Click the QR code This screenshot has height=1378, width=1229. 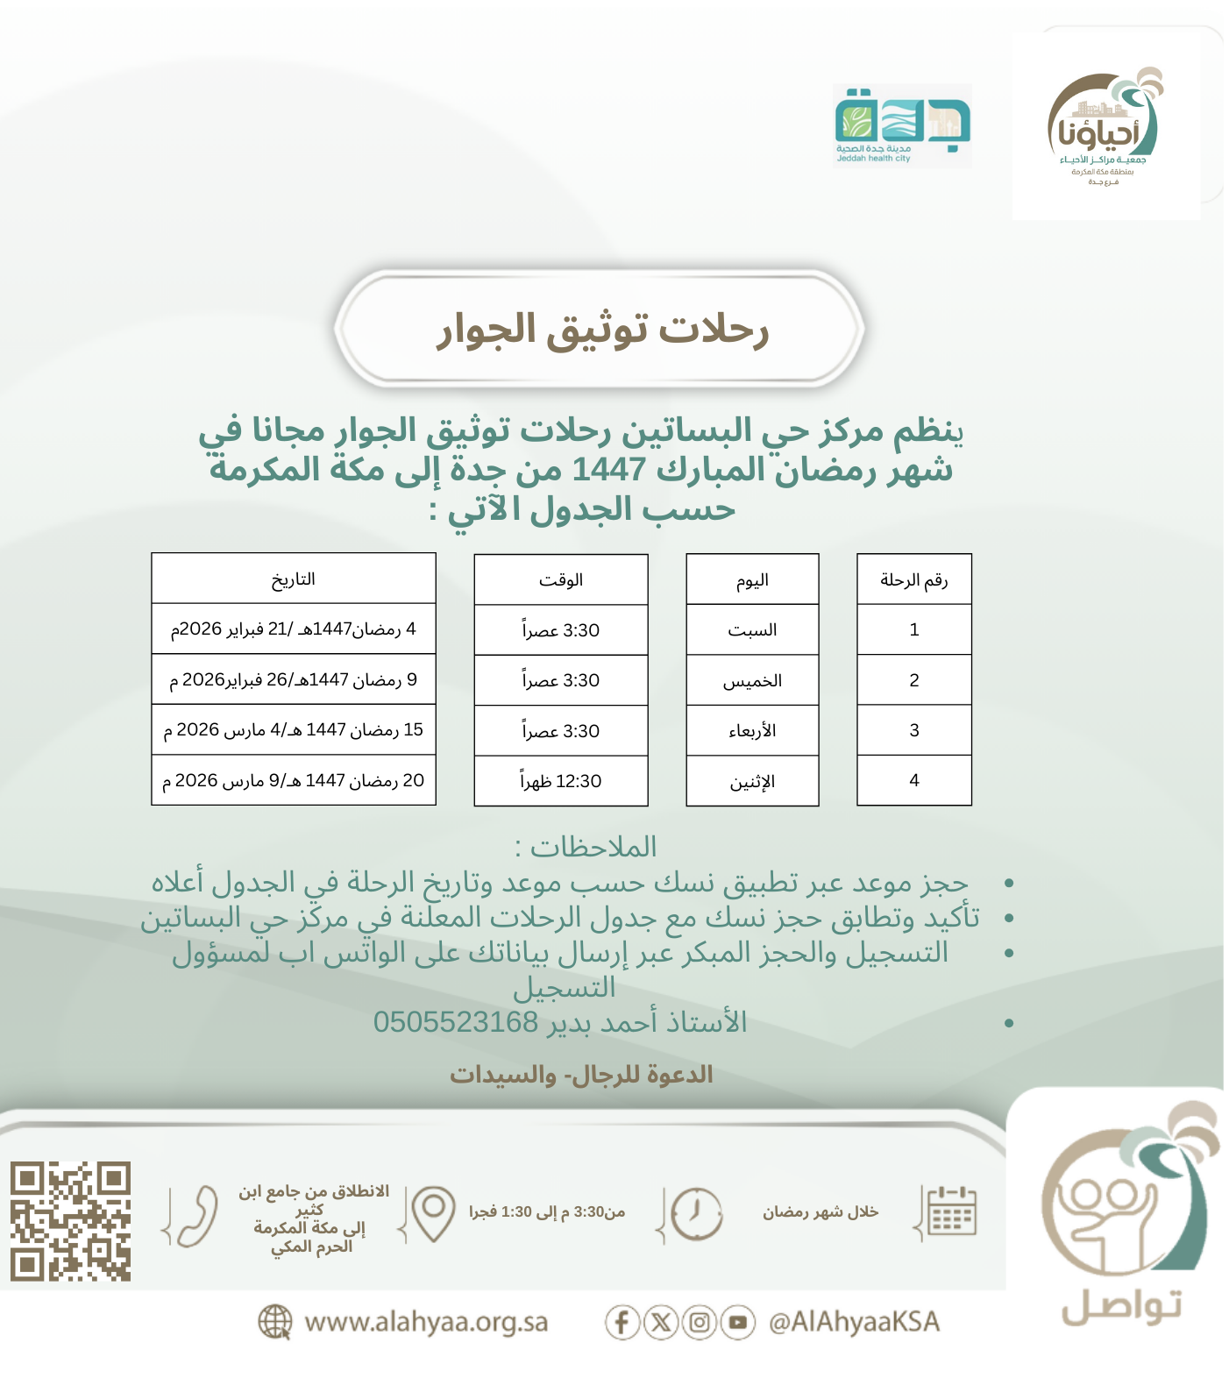[x=71, y=1221]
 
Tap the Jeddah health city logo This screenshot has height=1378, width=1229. [x=902, y=124]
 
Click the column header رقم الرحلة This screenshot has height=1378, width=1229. [x=913, y=579]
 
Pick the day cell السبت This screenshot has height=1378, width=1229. [x=752, y=630]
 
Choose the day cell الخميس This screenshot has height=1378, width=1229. [x=752, y=681]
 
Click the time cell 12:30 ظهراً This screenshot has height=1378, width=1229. [x=561, y=781]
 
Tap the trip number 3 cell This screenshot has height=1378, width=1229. [x=913, y=730]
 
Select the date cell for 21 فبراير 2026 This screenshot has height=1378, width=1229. [x=293, y=629]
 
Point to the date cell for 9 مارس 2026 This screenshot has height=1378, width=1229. [x=293, y=781]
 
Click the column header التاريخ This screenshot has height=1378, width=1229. [x=293, y=579]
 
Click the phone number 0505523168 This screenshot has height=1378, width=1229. [x=455, y=1022]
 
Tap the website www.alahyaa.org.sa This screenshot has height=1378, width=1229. [x=425, y=1322]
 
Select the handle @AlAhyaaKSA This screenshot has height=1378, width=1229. [x=854, y=1322]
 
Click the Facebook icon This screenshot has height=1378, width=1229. [x=622, y=1322]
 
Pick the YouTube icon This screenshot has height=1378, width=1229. [x=738, y=1322]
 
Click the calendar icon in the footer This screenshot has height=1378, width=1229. [x=952, y=1212]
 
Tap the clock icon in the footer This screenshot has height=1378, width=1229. [x=696, y=1214]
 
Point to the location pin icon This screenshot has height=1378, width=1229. [x=433, y=1212]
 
